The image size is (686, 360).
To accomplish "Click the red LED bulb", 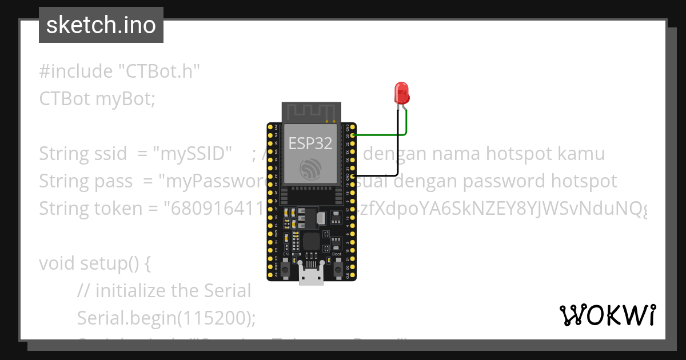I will click(401, 91).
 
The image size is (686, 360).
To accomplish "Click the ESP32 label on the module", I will click(310, 143).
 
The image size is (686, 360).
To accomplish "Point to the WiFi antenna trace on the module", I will click(312, 111).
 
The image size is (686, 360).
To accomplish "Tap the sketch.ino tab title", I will click(101, 25).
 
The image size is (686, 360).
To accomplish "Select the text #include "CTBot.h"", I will click(120, 71).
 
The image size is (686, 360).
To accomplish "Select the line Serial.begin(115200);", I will click(166, 318).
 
